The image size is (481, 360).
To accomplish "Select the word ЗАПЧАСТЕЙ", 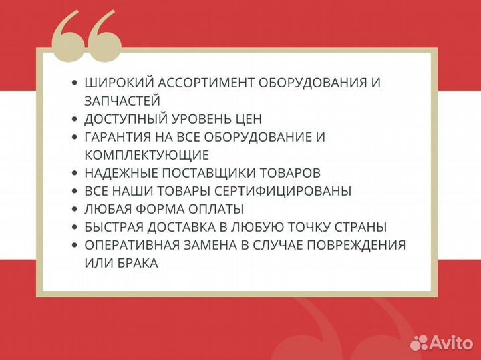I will point(122,101).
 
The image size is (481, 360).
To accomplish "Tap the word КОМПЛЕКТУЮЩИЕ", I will point(147,155).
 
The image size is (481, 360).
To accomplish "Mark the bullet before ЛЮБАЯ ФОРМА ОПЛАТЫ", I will point(74,209).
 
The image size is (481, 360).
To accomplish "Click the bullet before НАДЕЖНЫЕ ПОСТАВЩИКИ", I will point(74,173).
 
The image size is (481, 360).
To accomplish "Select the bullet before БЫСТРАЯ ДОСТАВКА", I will point(74,227).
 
